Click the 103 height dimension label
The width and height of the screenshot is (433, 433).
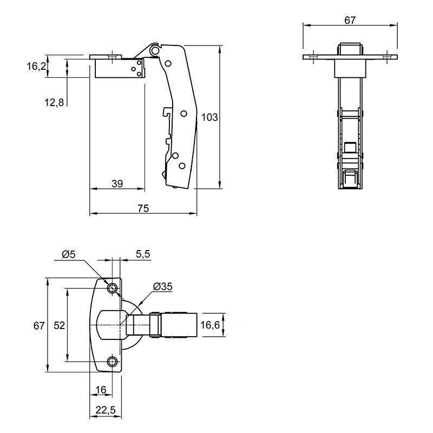(x=209, y=117)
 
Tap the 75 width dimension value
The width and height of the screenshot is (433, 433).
(x=143, y=208)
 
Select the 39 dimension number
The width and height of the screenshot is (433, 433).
(x=117, y=183)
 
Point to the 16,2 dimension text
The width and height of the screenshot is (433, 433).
(x=36, y=67)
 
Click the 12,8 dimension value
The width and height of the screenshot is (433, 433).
(x=54, y=102)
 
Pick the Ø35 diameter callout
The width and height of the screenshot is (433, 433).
(x=163, y=287)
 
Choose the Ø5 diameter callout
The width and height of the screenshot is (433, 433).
(x=69, y=254)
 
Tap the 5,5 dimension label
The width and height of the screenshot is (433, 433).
(x=143, y=254)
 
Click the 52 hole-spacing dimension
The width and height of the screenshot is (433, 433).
(x=60, y=325)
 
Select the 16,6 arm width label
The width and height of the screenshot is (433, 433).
(x=210, y=325)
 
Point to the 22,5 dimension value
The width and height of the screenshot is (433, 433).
(x=106, y=410)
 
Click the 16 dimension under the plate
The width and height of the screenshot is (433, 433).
(x=101, y=390)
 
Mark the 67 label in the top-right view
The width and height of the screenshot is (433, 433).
(x=350, y=20)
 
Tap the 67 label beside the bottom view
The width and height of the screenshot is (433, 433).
(x=39, y=326)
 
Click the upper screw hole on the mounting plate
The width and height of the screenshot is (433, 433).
(x=113, y=288)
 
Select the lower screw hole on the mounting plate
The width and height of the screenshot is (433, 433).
(x=113, y=361)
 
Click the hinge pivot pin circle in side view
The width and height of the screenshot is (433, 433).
(x=155, y=50)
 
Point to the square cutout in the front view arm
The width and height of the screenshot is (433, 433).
(x=350, y=147)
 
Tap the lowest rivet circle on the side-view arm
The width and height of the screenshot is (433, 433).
(x=182, y=166)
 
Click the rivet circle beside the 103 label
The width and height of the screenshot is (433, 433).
(x=184, y=114)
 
